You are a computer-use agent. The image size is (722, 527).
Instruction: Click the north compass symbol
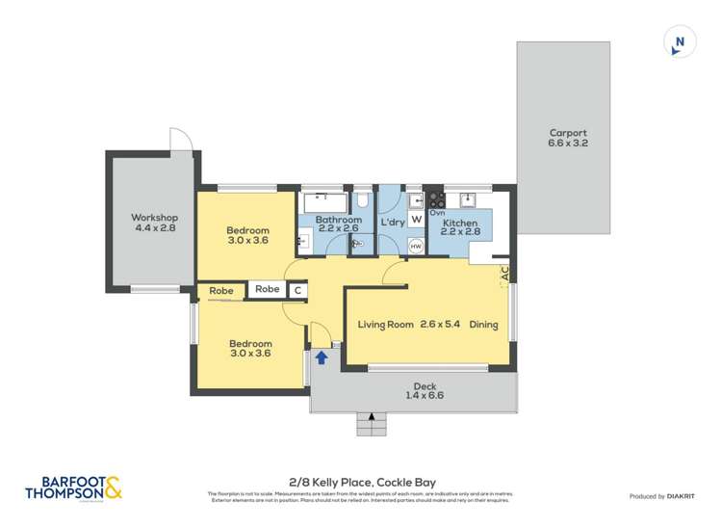[x=680, y=41]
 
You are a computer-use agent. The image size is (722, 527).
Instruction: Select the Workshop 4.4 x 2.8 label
[x=154, y=223]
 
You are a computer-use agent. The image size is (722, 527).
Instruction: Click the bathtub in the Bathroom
[x=321, y=202]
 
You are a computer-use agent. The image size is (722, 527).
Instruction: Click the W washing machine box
[x=416, y=219]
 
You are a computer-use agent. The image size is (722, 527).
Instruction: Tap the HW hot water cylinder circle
[x=416, y=247]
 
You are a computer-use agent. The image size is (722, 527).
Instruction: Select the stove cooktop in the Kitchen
[x=435, y=200]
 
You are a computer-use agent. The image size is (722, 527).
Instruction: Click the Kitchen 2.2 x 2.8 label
[x=460, y=226]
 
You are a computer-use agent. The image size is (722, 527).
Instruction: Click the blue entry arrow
[x=322, y=357]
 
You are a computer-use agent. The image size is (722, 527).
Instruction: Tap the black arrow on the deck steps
[x=371, y=416]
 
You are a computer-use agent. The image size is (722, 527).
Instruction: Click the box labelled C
[x=297, y=289]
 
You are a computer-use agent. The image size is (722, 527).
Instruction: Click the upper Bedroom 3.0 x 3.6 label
[x=248, y=235]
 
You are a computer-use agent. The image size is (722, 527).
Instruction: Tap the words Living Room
[x=385, y=325]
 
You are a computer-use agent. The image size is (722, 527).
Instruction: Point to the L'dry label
[x=392, y=223]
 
